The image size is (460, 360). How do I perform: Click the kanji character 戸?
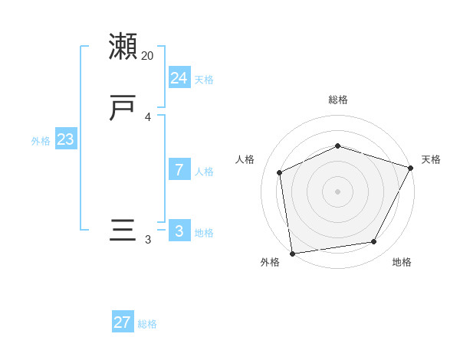[123, 108]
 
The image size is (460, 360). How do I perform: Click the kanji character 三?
[123, 231]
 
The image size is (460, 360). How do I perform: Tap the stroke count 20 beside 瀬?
[148, 56]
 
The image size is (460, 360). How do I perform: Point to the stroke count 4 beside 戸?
[148, 117]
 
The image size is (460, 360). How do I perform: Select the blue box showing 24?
[179, 77]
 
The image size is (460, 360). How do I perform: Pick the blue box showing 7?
[179, 170]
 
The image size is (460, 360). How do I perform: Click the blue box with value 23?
[65, 139]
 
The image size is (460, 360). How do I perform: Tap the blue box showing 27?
[123, 322]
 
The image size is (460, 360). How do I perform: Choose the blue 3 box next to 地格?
[179, 231]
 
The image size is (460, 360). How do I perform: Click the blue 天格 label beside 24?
[204, 80]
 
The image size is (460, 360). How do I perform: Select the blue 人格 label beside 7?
[204, 172]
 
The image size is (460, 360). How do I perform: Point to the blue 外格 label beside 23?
[41, 141]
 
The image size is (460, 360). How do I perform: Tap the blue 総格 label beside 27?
[147, 324]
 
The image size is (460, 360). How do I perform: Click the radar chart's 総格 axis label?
[338, 100]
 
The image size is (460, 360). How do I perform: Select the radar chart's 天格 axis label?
[431, 159]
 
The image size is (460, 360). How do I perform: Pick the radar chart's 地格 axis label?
[402, 262]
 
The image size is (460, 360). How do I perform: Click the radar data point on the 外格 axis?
[292, 253]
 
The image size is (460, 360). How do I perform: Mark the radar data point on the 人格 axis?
[280, 172]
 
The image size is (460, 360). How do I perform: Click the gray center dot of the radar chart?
[337, 191]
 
